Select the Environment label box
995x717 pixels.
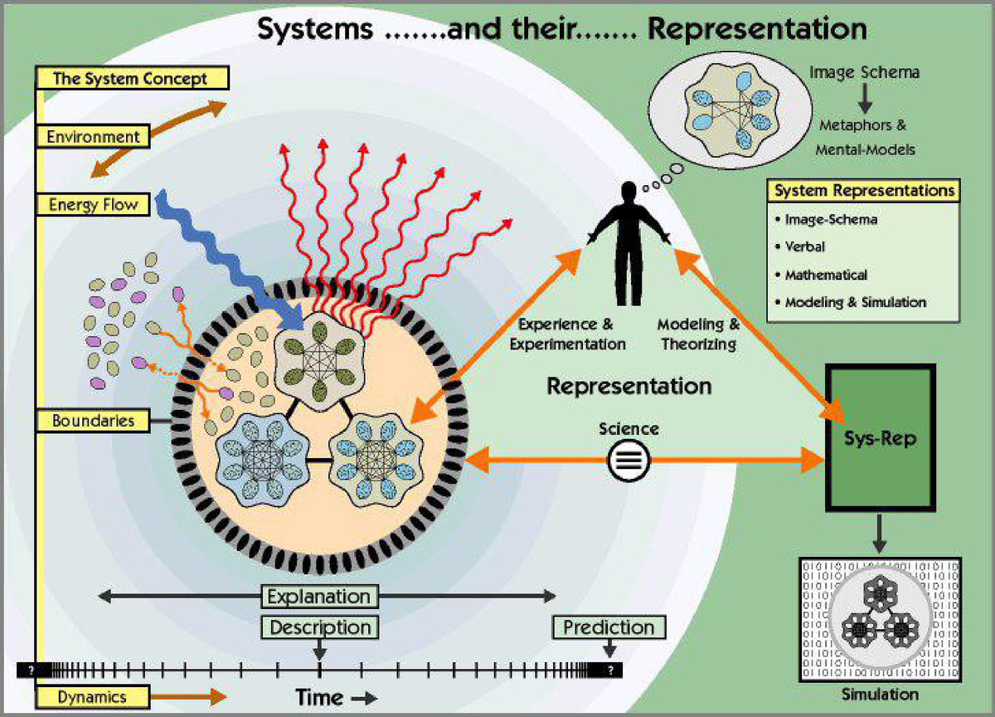click(93, 136)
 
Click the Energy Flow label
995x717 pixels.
click(92, 204)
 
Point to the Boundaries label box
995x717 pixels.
click(93, 421)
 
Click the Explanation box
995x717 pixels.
click(319, 596)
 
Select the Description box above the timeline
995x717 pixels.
click(319, 627)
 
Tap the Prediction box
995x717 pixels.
click(609, 627)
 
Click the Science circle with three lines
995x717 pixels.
click(628, 460)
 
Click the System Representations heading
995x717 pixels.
click(864, 191)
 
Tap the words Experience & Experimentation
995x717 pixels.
click(568, 333)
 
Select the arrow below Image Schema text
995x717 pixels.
click(864, 100)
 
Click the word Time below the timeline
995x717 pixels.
click(321, 698)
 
